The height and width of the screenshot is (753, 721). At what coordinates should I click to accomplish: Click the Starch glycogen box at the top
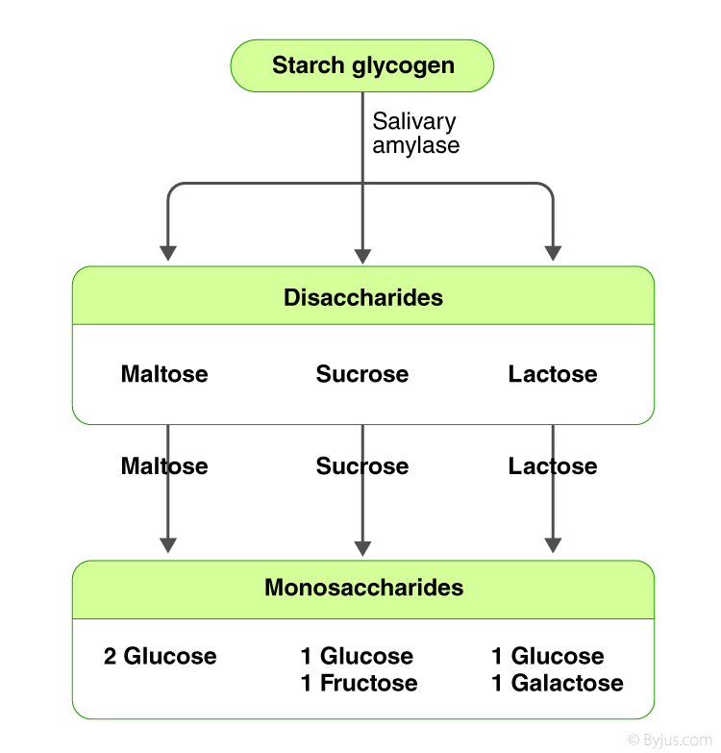362,66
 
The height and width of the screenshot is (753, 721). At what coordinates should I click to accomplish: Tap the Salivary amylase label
415,134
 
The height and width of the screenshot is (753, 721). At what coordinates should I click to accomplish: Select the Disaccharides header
363,297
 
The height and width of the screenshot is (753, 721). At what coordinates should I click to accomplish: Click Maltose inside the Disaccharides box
164,374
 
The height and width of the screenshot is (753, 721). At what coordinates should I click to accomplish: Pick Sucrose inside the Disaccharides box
362,374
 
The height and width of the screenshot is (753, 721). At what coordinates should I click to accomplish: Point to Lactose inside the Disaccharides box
553,374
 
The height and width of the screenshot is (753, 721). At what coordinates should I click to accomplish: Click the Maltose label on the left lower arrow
164,466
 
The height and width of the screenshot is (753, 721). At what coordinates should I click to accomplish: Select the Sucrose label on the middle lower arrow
362,466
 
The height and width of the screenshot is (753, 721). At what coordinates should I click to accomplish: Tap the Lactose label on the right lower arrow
553,466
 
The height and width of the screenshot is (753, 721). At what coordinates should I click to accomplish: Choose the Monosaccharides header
363,588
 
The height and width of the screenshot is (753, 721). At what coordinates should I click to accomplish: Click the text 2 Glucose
161,657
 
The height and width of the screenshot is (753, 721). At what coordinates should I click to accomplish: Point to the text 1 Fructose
359,684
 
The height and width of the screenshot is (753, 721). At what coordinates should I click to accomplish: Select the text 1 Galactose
558,684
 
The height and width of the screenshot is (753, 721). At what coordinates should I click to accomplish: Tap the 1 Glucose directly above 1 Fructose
357,657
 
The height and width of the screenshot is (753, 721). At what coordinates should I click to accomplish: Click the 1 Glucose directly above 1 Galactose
548,657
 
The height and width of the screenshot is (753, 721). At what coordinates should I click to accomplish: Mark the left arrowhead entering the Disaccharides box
168,254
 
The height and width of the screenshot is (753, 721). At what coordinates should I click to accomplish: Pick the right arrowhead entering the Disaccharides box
553,254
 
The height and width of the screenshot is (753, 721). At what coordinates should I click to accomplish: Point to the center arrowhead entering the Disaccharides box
362,256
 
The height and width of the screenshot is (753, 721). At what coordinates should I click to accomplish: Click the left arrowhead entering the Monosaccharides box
168,545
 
